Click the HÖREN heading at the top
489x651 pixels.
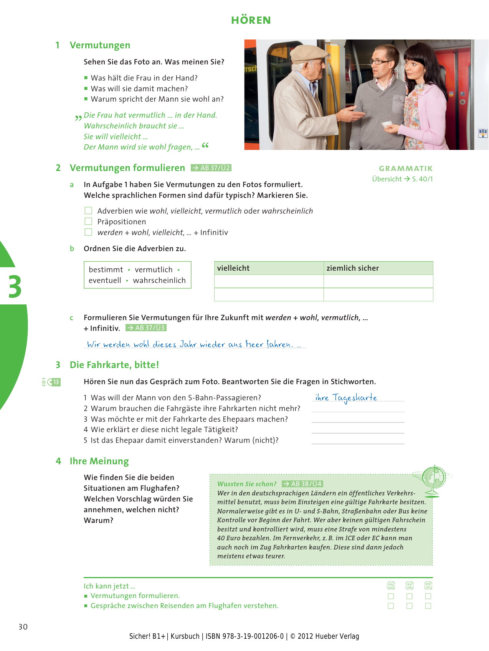[x=251, y=20]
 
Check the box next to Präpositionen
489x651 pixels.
[x=88, y=222]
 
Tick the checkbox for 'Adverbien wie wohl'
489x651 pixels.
[x=88, y=211]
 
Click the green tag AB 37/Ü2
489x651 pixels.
[x=211, y=168]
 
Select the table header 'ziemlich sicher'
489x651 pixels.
[x=352, y=268]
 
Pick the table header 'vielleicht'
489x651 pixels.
[x=233, y=268]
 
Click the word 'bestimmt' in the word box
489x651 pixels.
[x=106, y=270]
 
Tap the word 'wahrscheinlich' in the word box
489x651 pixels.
[x=159, y=280]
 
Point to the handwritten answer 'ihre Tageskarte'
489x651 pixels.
[x=346, y=398]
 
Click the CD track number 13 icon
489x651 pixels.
[x=54, y=382]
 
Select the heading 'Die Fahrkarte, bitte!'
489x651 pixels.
[x=114, y=365]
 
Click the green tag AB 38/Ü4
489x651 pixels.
[x=302, y=484]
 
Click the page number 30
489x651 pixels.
[x=23, y=627]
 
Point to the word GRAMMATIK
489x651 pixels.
[x=406, y=168]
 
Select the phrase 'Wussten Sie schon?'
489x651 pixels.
[x=247, y=484]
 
